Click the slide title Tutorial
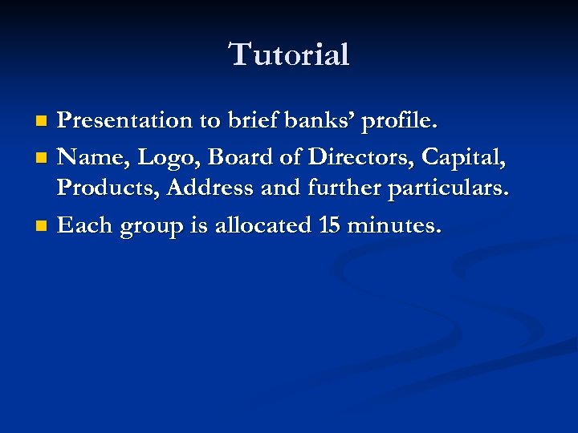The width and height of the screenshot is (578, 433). [289, 55]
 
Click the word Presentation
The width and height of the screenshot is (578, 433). [125, 121]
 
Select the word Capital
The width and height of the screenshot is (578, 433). [471, 158]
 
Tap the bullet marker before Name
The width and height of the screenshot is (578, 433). [43, 158]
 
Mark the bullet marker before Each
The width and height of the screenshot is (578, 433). [43, 227]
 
